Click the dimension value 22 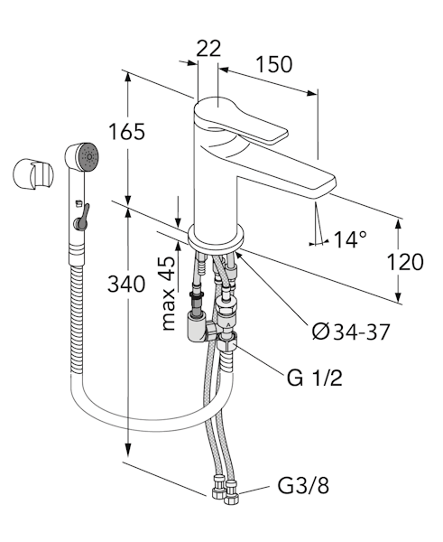(x=208, y=49)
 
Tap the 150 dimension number (x=273, y=64)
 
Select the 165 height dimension (x=126, y=131)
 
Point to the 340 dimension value (x=126, y=285)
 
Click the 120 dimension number (x=405, y=262)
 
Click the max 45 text (x=168, y=294)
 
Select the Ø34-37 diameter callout (x=351, y=332)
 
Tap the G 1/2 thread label (x=314, y=378)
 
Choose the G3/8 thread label (x=303, y=486)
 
